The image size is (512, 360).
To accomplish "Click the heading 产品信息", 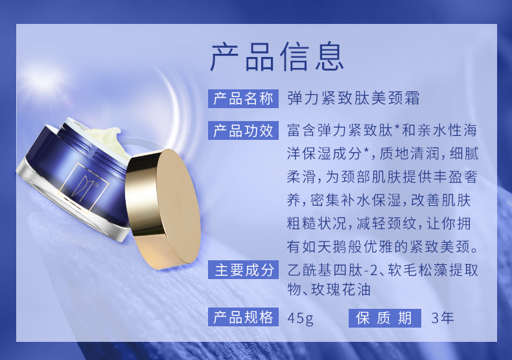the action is [277, 56].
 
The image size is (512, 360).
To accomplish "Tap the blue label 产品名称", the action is [243, 98].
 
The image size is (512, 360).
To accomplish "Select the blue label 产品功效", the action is [243, 130].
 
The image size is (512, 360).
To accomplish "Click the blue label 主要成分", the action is [243, 269].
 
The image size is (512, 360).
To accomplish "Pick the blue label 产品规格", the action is [243, 317].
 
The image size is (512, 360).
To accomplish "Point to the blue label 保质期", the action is [385, 318].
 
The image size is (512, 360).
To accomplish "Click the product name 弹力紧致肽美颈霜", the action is [354, 98].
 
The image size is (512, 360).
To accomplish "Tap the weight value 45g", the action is [301, 318].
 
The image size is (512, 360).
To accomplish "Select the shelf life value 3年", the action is [443, 318].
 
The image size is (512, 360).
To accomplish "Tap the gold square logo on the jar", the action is [83, 188].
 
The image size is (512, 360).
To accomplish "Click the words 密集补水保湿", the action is [356, 200].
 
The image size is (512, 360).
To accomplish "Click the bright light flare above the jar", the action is [41, 76].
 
